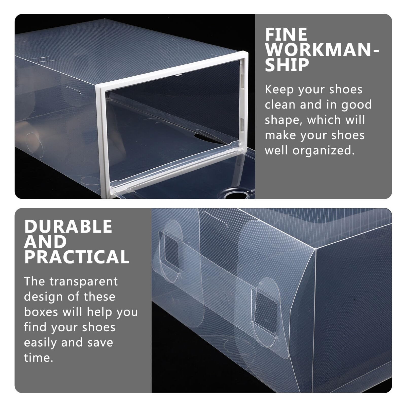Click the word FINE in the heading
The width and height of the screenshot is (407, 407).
286,34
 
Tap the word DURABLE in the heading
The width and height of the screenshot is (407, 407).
68,226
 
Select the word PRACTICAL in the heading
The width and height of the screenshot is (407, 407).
77,257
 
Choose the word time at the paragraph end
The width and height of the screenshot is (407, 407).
39,358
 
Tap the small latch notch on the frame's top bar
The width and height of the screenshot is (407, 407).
178,75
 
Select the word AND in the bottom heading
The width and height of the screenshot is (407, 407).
46,242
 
